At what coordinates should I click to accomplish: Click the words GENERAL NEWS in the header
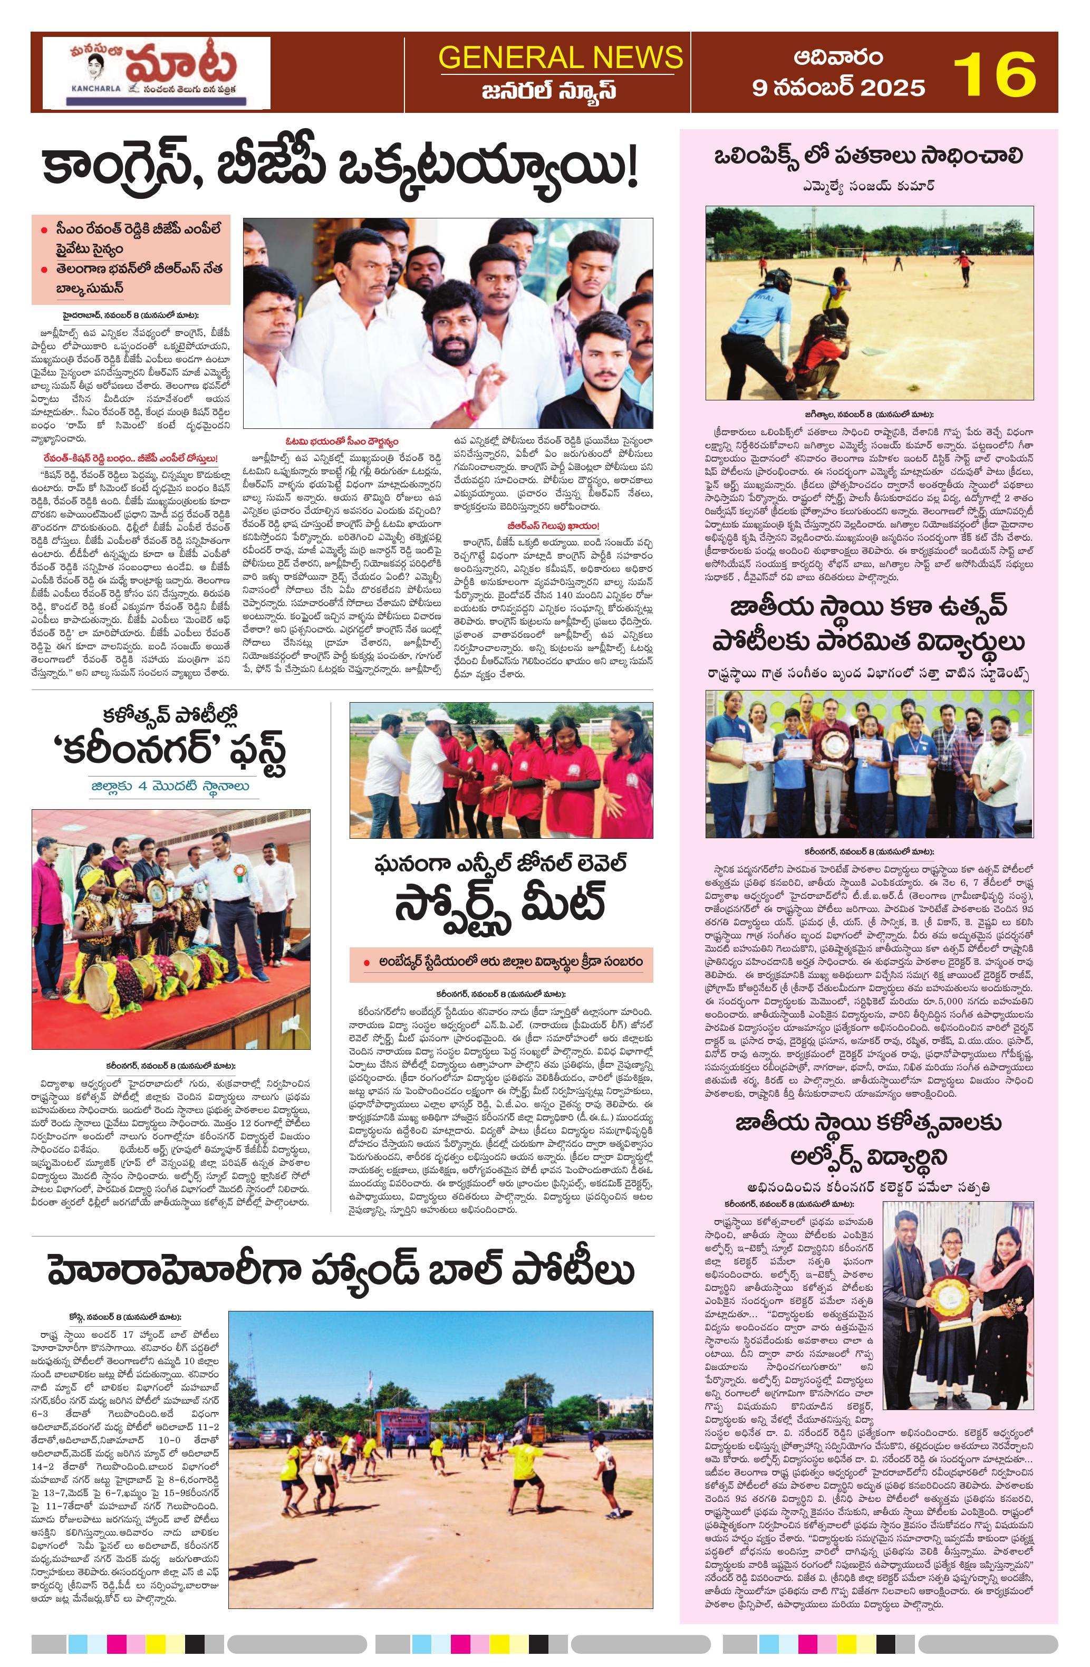pos(560,57)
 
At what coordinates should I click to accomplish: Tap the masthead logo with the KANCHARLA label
pos(156,73)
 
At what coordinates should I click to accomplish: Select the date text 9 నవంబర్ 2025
pos(838,88)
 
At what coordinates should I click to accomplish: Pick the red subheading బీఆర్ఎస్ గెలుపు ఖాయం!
pos(553,525)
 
